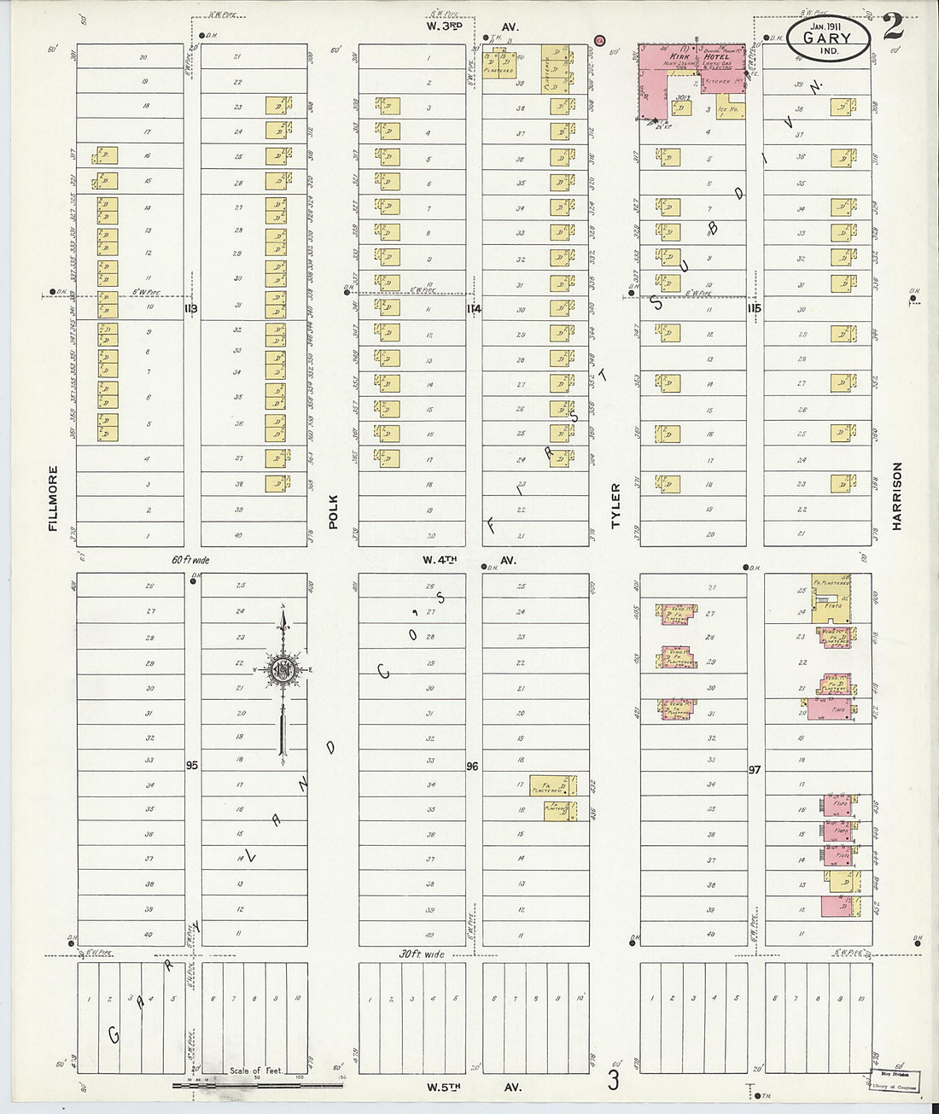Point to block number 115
[x=754, y=308]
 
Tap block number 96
[x=472, y=767]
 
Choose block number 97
[x=754, y=769]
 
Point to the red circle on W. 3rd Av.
[x=599, y=38]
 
